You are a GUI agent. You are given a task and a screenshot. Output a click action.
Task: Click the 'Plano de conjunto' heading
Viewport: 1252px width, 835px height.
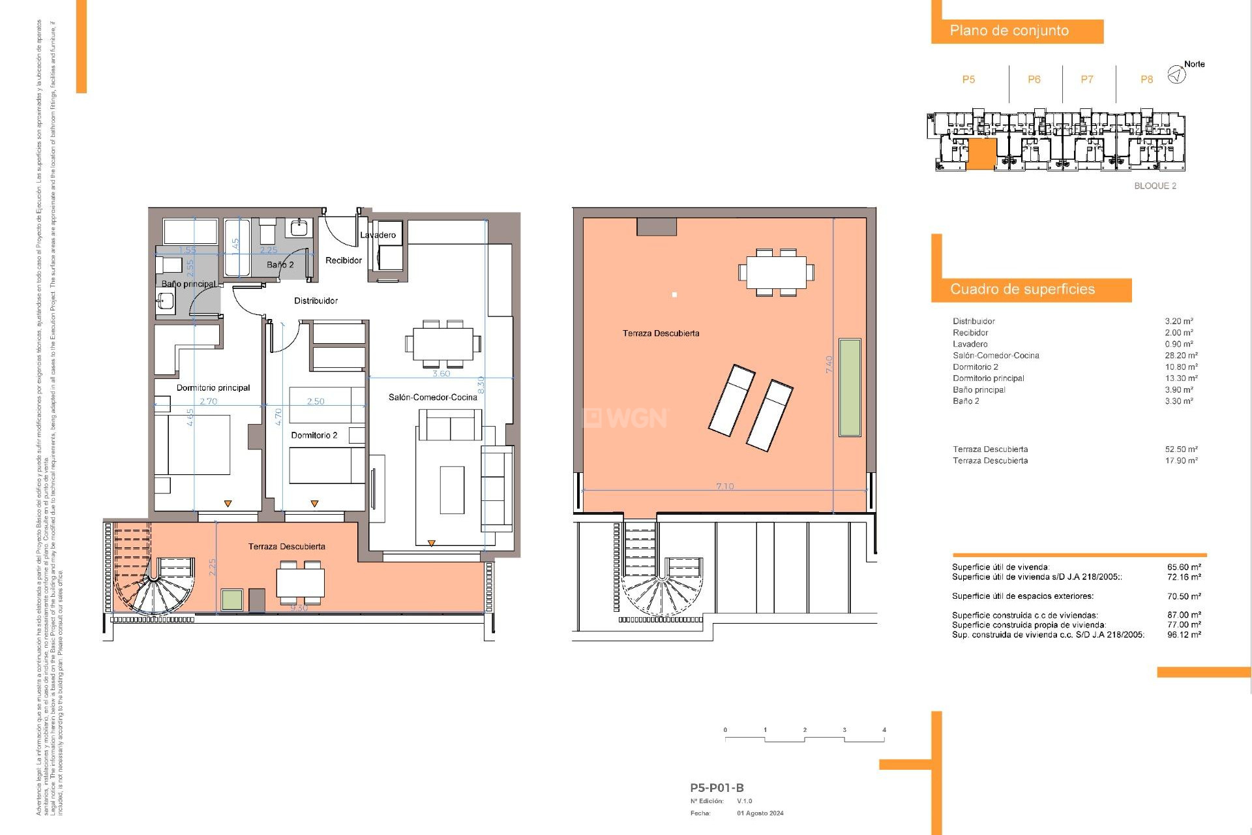tap(1009, 31)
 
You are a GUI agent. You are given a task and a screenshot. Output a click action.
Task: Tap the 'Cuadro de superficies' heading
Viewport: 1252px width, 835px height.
tap(1022, 289)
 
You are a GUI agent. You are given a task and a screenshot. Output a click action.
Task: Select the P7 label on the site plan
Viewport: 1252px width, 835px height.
tap(1086, 80)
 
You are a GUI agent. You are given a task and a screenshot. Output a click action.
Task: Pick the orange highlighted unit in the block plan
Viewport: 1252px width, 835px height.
tap(981, 154)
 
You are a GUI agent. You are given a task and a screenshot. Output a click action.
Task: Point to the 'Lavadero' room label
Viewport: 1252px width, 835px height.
tap(378, 235)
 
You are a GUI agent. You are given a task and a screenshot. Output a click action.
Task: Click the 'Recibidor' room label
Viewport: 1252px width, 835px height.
tap(343, 260)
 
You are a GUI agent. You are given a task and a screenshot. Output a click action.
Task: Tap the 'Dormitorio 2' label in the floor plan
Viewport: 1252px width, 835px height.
tap(314, 435)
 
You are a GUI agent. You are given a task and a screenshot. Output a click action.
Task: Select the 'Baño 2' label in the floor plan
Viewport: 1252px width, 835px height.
tap(280, 264)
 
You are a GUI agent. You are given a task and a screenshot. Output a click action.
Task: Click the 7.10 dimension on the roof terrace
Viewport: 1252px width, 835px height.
tap(724, 486)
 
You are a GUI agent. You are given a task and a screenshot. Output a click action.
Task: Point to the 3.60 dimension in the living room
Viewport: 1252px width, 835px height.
tap(441, 374)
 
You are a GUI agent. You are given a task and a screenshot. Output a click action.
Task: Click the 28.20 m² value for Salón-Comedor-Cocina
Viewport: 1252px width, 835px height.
tap(1181, 356)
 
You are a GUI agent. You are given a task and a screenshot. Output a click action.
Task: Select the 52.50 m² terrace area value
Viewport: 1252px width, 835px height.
tap(1181, 449)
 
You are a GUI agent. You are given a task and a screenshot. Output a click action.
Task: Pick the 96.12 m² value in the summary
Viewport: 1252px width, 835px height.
tap(1184, 634)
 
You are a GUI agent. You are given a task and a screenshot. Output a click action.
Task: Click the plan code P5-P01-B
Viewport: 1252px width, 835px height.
tap(717, 787)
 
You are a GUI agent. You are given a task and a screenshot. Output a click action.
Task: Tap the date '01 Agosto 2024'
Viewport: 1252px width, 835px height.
tap(760, 813)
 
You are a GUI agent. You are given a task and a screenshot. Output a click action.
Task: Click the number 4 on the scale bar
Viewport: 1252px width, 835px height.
tap(884, 730)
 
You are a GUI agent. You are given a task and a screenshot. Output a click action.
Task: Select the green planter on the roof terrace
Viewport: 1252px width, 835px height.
tap(849, 387)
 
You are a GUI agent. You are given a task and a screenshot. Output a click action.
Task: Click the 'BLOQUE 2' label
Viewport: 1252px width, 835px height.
tap(1155, 186)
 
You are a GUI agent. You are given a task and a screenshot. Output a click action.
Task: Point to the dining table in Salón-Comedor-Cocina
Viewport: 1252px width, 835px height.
tap(443, 343)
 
